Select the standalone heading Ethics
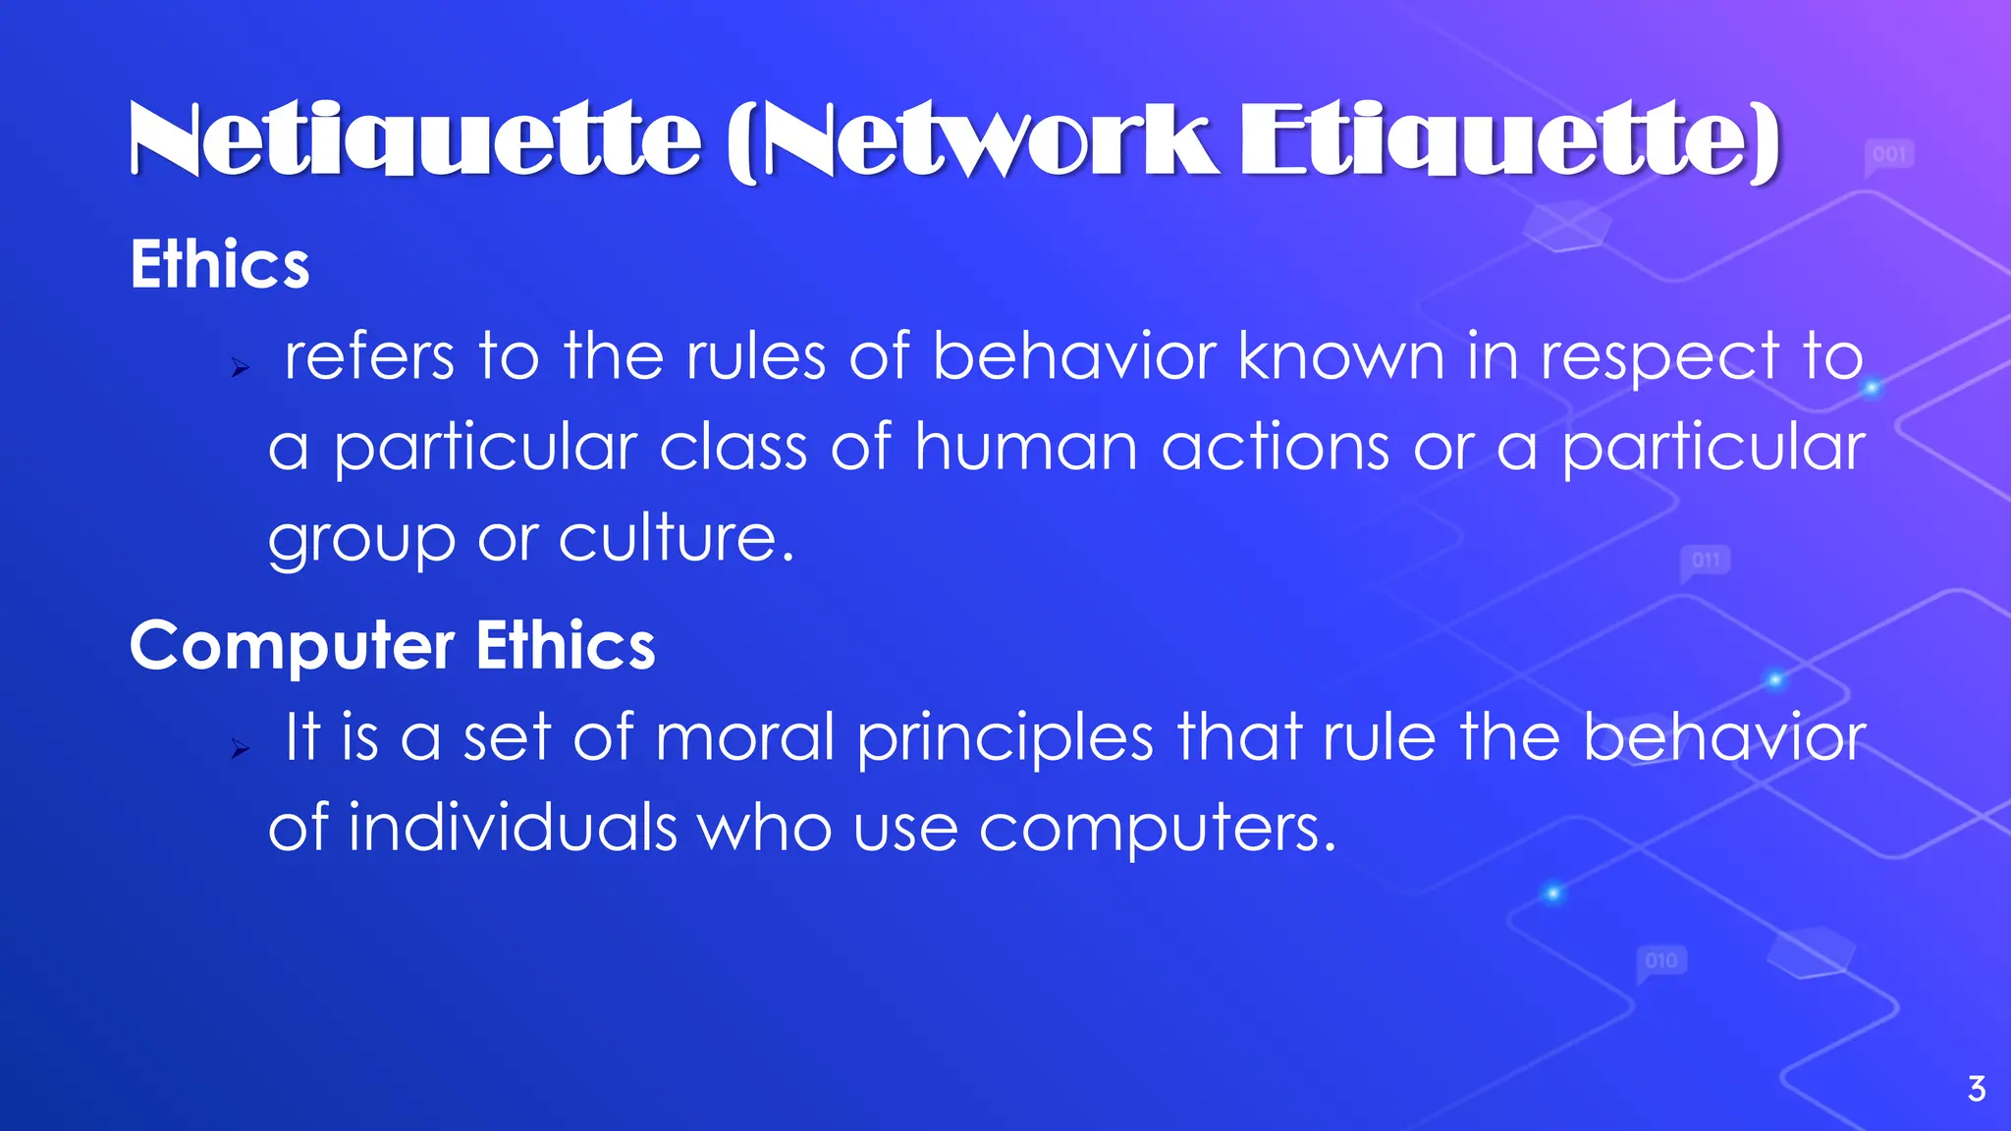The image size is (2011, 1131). (220, 265)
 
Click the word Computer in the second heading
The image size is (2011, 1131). (292, 647)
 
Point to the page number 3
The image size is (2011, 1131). (1977, 1089)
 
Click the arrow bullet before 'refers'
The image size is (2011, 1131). (241, 369)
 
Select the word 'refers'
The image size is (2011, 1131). (369, 355)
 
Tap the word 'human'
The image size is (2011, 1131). (1026, 448)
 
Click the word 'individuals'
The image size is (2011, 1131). (512, 827)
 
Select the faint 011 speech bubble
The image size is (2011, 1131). (1706, 562)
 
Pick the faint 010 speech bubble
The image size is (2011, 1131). (1660, 961)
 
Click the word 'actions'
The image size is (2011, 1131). (1276, 448)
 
